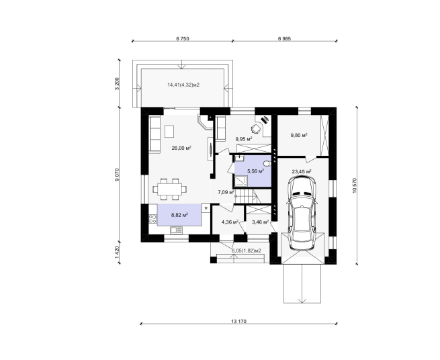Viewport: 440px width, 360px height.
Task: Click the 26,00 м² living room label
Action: click(x=181, y=148)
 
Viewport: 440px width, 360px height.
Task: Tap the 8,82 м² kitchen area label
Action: click(x=179, y=215)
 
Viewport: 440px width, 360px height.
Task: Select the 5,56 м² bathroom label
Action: click(x=255, y=171)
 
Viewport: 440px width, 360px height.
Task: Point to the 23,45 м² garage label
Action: click(x=302, y=171)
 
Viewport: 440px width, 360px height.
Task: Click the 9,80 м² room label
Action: click(x=299, y=135)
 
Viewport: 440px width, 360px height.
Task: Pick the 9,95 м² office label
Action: click(x=244, y=138)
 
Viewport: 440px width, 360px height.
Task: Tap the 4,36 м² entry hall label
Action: click(x=230, y=222)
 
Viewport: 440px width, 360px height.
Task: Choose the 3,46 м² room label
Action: click(x=261, y=222)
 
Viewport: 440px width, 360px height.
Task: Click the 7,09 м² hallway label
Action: click(x=226, y=192)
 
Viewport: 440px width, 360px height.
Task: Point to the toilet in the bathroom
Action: click(x=267, y=163)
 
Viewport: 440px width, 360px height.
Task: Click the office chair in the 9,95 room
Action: click(x=255, y=128)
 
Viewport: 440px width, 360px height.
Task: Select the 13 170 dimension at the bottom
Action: click(x=238, y=321)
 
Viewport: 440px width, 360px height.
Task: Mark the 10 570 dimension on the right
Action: click(x=354, y=185)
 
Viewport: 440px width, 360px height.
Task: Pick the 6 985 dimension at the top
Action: click(x=284, y=39)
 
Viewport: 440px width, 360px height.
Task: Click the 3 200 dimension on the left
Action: click(x=118, y=83)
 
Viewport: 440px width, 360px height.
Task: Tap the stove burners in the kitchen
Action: click(x=152, y=219)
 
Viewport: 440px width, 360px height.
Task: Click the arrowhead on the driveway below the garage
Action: click(x=302, y=301)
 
